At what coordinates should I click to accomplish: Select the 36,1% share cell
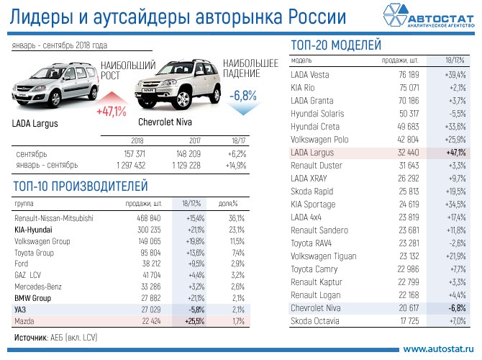click(237, 217)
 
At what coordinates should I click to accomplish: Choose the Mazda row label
click(25, 321)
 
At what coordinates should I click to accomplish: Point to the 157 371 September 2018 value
click(135, 154)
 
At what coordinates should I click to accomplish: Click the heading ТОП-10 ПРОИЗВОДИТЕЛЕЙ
click(81, 186)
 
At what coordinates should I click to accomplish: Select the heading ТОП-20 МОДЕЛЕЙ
click(335, 45)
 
